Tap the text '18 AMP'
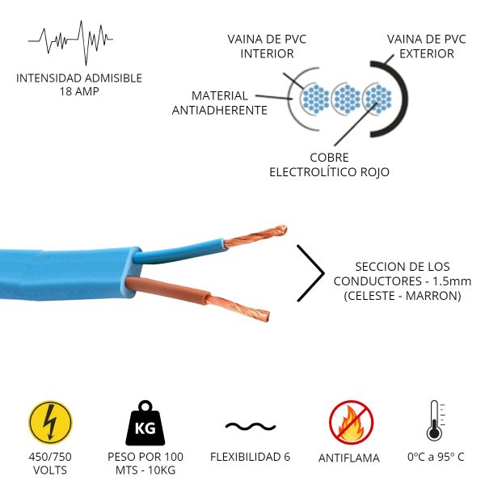[78, 91]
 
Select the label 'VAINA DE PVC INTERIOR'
[267, 47]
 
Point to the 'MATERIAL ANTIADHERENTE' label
[220, 103]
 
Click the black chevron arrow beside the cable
[310, 273]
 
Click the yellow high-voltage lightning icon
[50, 423]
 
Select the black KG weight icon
[145, 423]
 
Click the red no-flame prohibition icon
[351, 423]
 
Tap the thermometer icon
[435, 421]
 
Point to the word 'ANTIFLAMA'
[349, 458]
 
